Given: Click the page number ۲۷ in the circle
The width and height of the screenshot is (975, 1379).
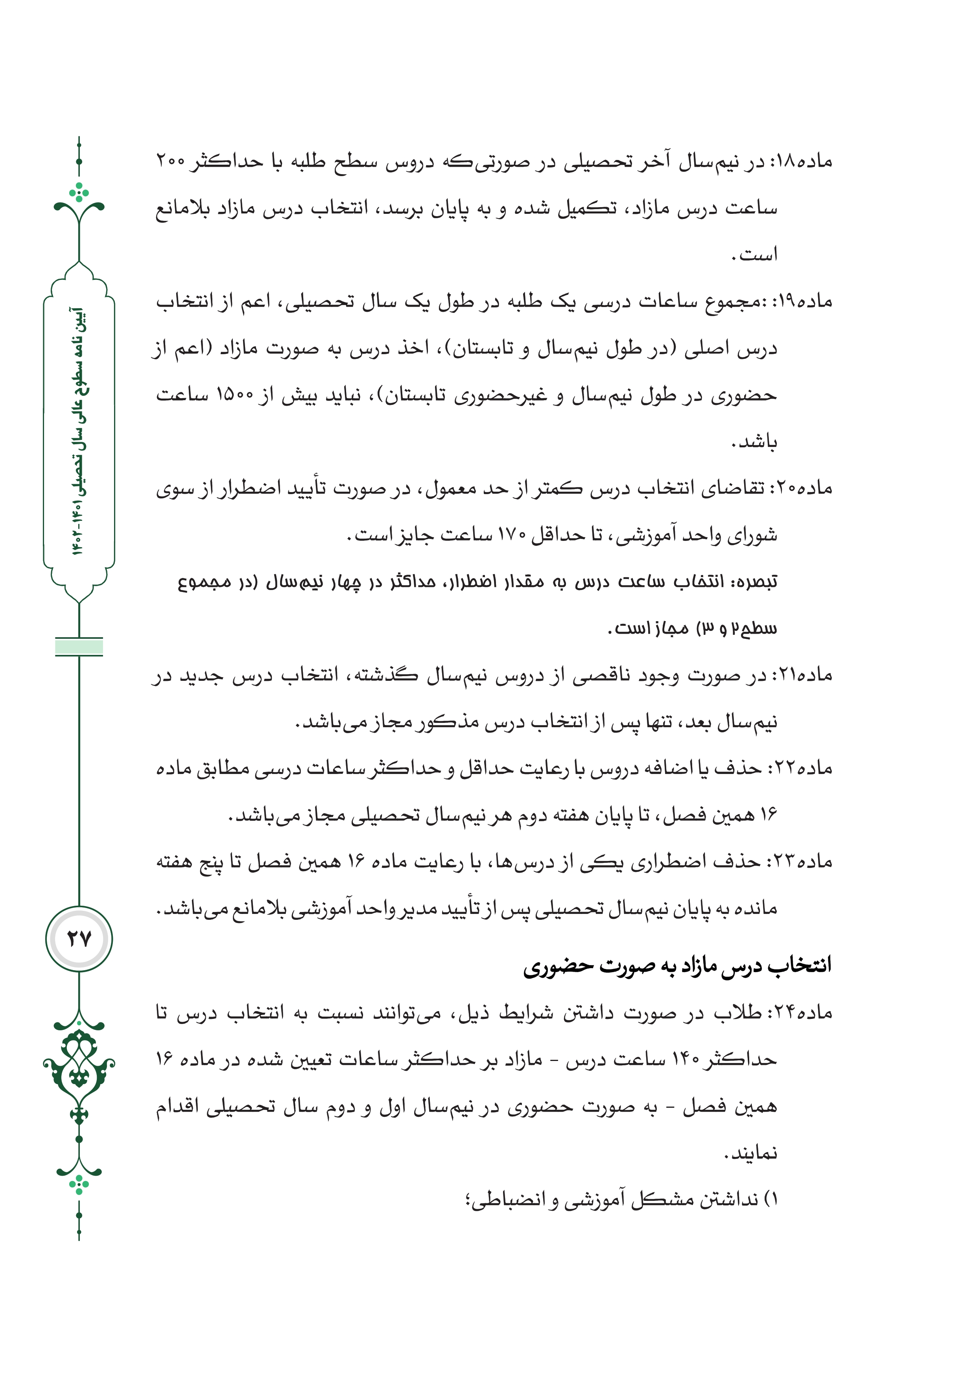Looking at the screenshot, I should coord(79,938).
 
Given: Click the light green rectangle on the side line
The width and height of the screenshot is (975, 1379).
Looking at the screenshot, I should coord(79,647).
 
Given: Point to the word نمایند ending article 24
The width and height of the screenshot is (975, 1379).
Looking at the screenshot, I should coord(753,1154).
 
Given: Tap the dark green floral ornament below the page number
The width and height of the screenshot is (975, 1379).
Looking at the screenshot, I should coord(79,1075).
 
